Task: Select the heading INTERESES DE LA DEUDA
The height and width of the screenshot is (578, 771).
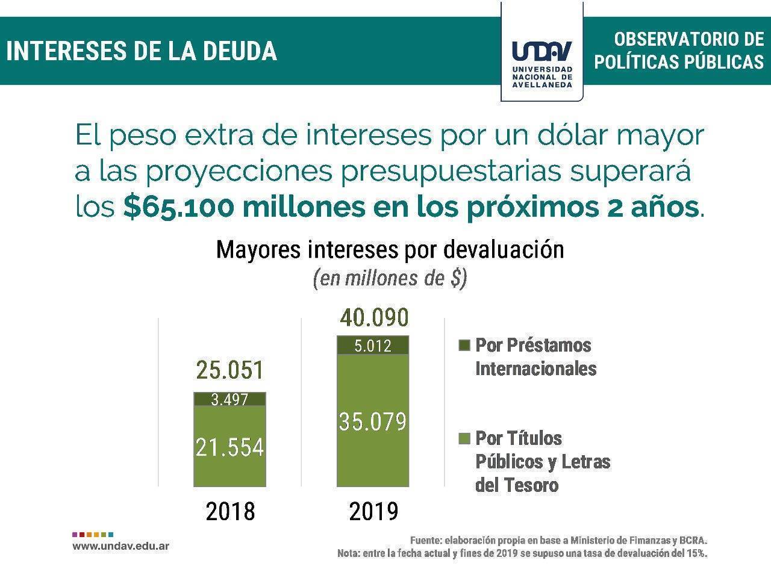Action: [142, 51]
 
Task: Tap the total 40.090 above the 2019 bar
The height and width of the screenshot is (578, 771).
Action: [373, 317]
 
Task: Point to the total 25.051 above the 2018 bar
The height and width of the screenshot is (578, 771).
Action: [230, 370]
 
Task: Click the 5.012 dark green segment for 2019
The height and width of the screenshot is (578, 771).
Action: [373, 346]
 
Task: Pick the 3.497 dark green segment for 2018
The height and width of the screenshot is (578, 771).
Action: [229, 399]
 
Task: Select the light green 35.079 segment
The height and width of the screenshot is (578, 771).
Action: [373, 421]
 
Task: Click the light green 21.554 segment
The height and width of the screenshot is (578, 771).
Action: [229, 447]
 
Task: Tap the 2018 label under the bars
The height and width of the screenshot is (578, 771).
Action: [230, 512]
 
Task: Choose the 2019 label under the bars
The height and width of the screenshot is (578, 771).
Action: [373, 512]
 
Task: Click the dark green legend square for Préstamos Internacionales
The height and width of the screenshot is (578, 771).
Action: [464, 346]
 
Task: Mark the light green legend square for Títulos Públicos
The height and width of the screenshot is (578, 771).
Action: [464, 438]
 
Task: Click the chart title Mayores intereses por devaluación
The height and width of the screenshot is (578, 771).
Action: [390, 249]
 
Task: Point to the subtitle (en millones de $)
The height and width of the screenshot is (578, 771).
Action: [390, 279]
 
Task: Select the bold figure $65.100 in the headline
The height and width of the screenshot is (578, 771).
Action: [178, 207]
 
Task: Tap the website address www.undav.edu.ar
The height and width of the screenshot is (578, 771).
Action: [120, 546]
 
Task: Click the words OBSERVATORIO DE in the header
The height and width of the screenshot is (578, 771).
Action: [688, 40]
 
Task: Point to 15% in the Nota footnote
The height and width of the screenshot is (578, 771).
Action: [695, 553]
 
